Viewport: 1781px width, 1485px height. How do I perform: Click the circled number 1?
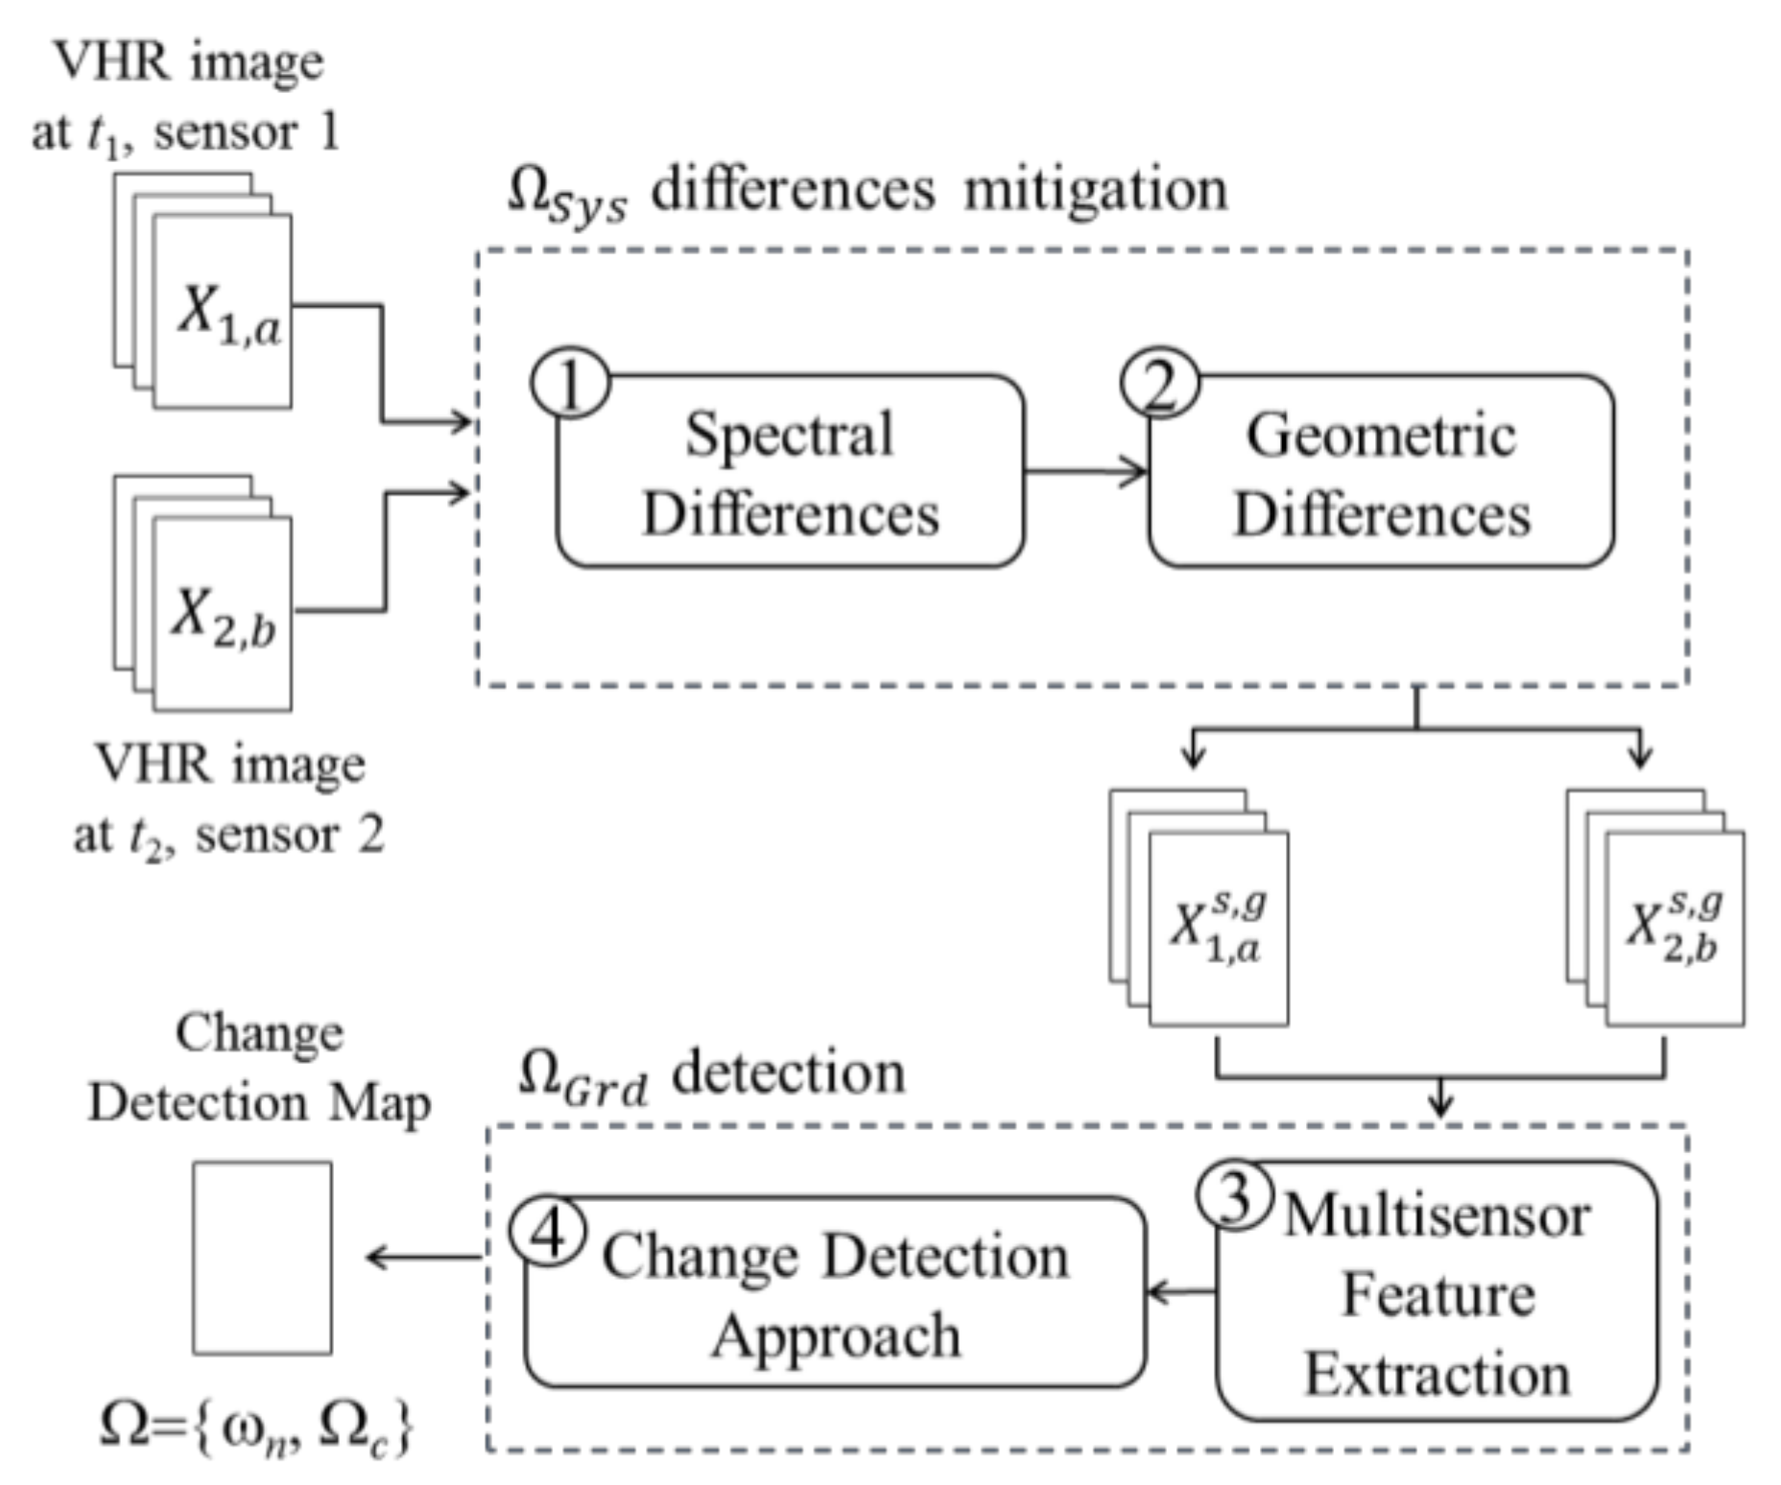click(x=570, y=384)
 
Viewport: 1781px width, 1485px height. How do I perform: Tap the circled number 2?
click(x=1159, y=384)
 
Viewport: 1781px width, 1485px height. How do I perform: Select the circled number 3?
click(x=1234, y=1196)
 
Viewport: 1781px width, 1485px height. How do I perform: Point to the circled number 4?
click(x=548, y=1232)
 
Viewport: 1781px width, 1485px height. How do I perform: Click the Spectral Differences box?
click(x=790, y=473)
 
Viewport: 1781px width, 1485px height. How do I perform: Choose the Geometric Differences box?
click(x=1381, y=473)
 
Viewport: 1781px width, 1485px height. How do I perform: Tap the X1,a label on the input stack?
click(x=228, y=314)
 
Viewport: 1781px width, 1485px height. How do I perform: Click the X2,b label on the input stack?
click(x=224, y=616)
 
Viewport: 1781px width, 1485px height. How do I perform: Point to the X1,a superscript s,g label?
click(x=1218, y=927)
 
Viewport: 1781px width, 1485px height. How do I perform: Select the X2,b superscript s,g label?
click(x=1674, y=927)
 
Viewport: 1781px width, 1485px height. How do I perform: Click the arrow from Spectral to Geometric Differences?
click(x=1085, y=471)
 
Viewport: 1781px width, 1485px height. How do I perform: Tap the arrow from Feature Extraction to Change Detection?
click(x=1181, y=1291)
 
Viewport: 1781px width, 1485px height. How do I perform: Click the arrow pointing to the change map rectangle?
click(x=422, y=1257)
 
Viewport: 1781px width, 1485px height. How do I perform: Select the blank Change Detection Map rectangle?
click(x=262, y=1258)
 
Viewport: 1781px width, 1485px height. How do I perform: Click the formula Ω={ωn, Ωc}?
click(x=257, y=1426)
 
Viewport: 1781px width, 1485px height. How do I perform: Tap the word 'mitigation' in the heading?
click(x=1095, y=189)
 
